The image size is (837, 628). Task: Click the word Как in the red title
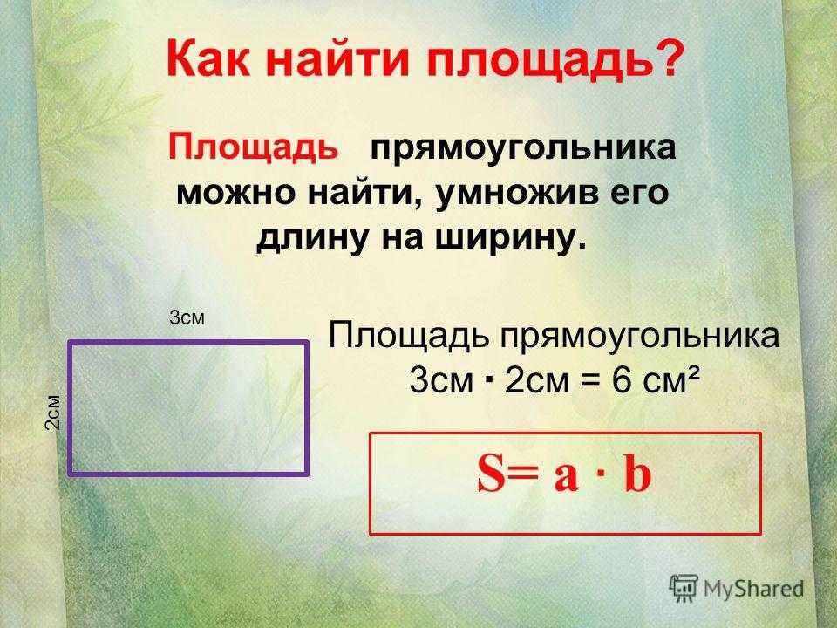pos(208,59)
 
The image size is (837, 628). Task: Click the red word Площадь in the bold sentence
pos(254,148)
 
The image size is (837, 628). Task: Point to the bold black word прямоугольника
pos(523,148)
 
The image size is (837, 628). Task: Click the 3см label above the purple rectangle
pos(187,317)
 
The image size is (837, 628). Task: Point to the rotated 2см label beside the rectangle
pos(53,412)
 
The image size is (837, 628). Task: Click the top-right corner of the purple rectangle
pos(307,343)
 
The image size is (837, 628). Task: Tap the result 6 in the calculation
pos(622,381)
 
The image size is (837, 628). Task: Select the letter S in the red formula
pos(491,473)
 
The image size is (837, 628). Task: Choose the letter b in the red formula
pos(637,473)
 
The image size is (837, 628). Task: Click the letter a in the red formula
pos(567,477)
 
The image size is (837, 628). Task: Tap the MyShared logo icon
pos(684,588)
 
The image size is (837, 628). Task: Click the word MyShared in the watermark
pos(753,590)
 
